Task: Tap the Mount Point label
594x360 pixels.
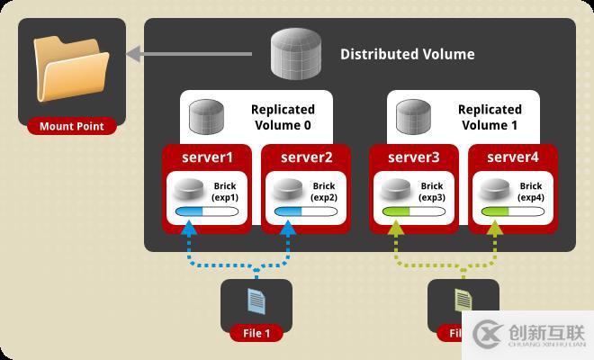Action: tap(72, 126)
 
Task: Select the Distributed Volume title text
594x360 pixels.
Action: tap(407, 54)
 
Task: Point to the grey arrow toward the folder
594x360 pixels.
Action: tap(198, 55)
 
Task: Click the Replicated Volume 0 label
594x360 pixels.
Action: tap(282, 118)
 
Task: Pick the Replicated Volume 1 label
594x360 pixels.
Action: tap(489, 118)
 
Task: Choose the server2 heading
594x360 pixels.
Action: tap(307, 157)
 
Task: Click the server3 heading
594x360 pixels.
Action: tap(414, 157)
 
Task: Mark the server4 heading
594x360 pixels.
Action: tap(513, 157)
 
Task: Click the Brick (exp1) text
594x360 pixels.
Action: tap(224, 192)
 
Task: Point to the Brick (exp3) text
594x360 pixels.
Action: tap(431, 192)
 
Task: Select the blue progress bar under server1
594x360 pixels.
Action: tap(206, 212)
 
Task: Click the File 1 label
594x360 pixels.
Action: tap(256, 333)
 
